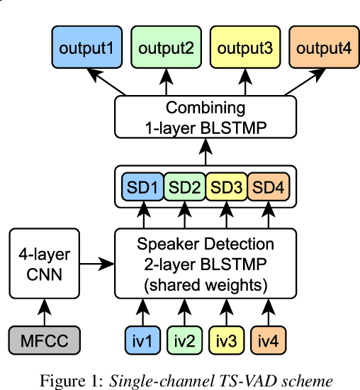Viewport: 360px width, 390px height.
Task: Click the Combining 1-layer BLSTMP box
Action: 206,118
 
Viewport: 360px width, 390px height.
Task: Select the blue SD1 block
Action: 142,189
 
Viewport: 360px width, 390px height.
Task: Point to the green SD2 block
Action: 184,189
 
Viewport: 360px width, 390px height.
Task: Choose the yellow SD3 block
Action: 226,189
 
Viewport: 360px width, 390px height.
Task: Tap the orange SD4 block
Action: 268,189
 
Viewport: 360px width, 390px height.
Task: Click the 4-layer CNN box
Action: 45,264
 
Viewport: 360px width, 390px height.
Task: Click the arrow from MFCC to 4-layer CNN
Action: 45,311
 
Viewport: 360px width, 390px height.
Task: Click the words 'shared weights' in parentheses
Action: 206,285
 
